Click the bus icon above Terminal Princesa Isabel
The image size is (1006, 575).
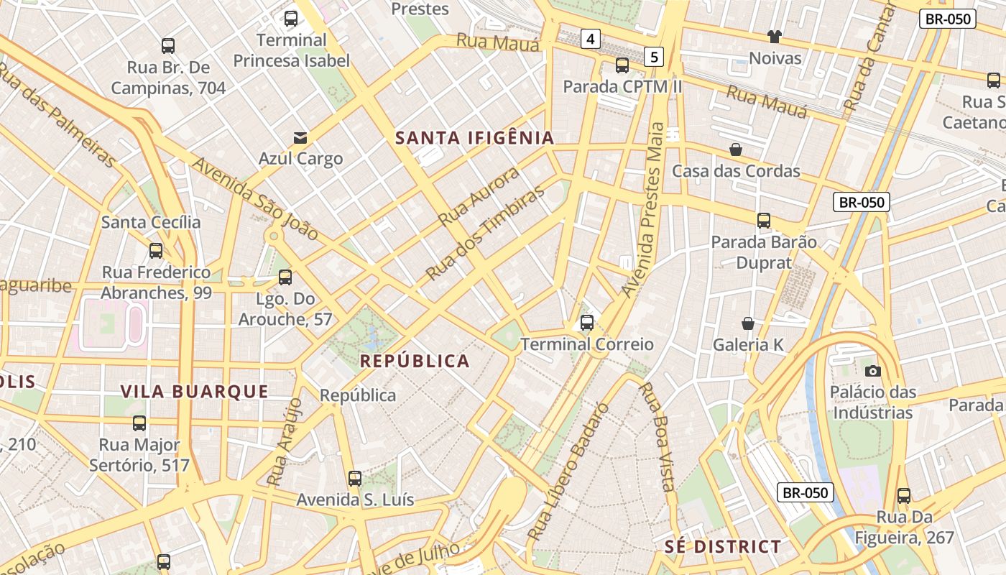coord(291,19)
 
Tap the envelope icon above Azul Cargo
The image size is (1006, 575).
coord(300,137)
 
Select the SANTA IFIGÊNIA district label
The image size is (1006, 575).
coord(475,138)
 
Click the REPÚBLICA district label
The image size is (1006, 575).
coord(415,361)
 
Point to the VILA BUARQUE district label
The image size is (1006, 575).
coord(194,392)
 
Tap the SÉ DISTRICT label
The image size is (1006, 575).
coord(722,546)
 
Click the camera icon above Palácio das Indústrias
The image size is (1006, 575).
coord(873,371)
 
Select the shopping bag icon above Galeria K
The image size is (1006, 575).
coord(748,323)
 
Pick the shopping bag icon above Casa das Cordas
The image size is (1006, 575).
coord(736,149)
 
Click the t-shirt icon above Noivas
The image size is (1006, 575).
coord(774,37)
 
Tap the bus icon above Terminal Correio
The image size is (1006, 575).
coord(587,323)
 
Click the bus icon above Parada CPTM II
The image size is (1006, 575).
coord(622,65)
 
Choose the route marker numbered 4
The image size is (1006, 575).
coord(591,39)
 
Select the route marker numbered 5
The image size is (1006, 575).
coord(653,56)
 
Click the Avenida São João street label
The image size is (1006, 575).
coord(255,199)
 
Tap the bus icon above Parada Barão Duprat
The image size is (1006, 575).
coord(764,221)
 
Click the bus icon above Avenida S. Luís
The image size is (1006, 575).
coord(355,478)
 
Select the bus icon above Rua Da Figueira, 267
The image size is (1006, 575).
coord(904,495)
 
